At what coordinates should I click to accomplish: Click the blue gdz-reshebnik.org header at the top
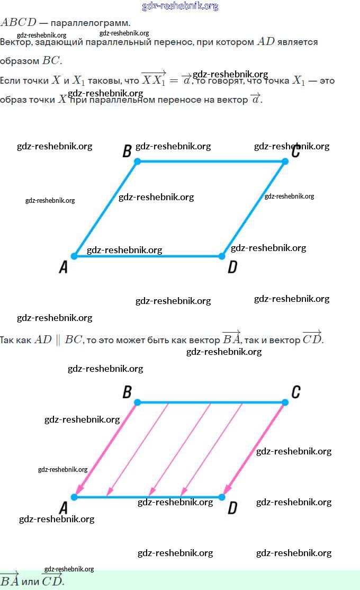pyautogui.click(x=180, y=6)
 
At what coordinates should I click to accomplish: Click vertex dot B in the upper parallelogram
pyautogui.click(x=138, y=161)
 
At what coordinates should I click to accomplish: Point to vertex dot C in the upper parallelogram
pyautogui.click(x=285, y=161)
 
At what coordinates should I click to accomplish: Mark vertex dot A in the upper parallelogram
pyautogui.click(x=74, y=256)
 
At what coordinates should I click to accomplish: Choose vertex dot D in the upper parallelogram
pyautogui.click(x=222, y=256)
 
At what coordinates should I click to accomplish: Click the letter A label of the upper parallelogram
pyautogui.click(x=64, y=267)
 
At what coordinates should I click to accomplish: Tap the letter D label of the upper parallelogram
pyautogui.click(x=232, y=267)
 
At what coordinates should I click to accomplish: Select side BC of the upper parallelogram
pyautogui.click(x=212, y=161)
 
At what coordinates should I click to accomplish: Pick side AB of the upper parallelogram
pyautogui.click(x=106, y=209)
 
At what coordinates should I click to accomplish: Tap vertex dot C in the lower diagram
pyautogui.click(x=285, y=403)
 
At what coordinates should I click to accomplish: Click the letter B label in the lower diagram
pyautogui.click(x=127, y=392)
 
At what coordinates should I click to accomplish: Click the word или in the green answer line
pyautogui.click(x=30, y=581)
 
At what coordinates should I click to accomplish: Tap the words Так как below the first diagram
pyautogui.click(x=15, y=339)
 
